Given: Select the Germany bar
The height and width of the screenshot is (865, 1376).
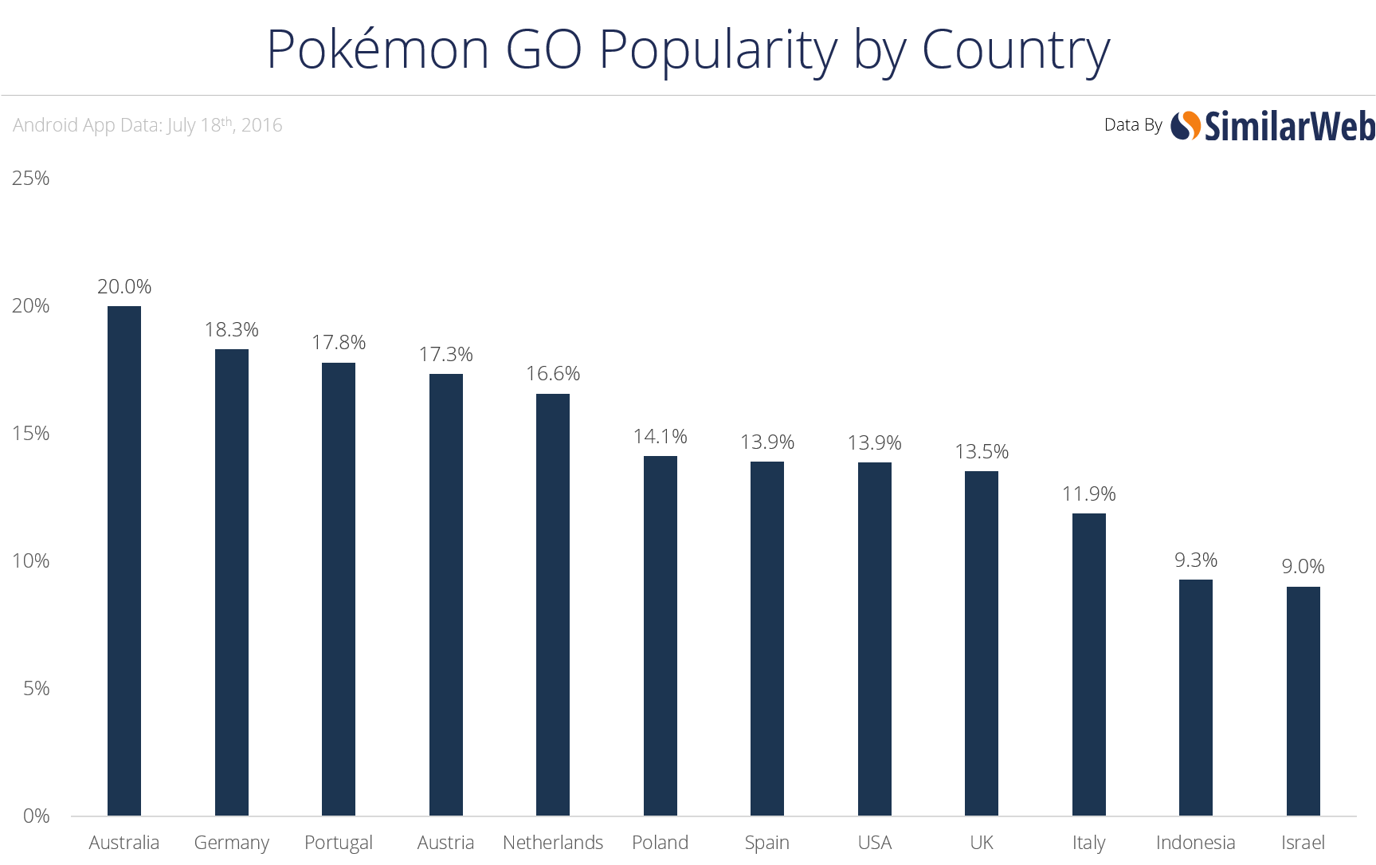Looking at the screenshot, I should (232, 582).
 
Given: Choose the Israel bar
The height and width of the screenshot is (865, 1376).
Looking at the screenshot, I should (1303, 701).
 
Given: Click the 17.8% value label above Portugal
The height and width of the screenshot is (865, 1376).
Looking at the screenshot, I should (339, 343).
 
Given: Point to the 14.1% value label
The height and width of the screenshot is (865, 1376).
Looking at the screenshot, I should (660, 437).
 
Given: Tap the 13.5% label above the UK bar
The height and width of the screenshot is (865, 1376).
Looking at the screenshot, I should (982, 452).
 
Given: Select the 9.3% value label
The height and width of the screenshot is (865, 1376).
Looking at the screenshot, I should (1195, 560).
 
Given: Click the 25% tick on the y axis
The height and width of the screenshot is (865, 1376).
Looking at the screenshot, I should (30, 178).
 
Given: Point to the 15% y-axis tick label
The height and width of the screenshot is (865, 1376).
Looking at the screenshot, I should (30, 433).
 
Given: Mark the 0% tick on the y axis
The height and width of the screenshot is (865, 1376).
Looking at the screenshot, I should (36, 816).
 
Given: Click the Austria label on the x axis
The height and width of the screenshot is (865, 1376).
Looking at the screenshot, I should (445, 843).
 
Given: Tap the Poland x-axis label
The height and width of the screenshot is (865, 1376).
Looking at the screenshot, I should (660, 843).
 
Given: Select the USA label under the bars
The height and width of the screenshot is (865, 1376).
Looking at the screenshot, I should (874, 843).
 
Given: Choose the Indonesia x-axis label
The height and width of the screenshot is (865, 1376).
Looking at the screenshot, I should (1195, 843).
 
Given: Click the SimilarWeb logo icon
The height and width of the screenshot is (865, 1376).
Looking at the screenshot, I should (1186, 125).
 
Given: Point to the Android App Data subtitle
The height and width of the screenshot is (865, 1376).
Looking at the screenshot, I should (147, 125).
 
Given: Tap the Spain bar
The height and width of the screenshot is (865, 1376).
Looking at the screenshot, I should (767, 639).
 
